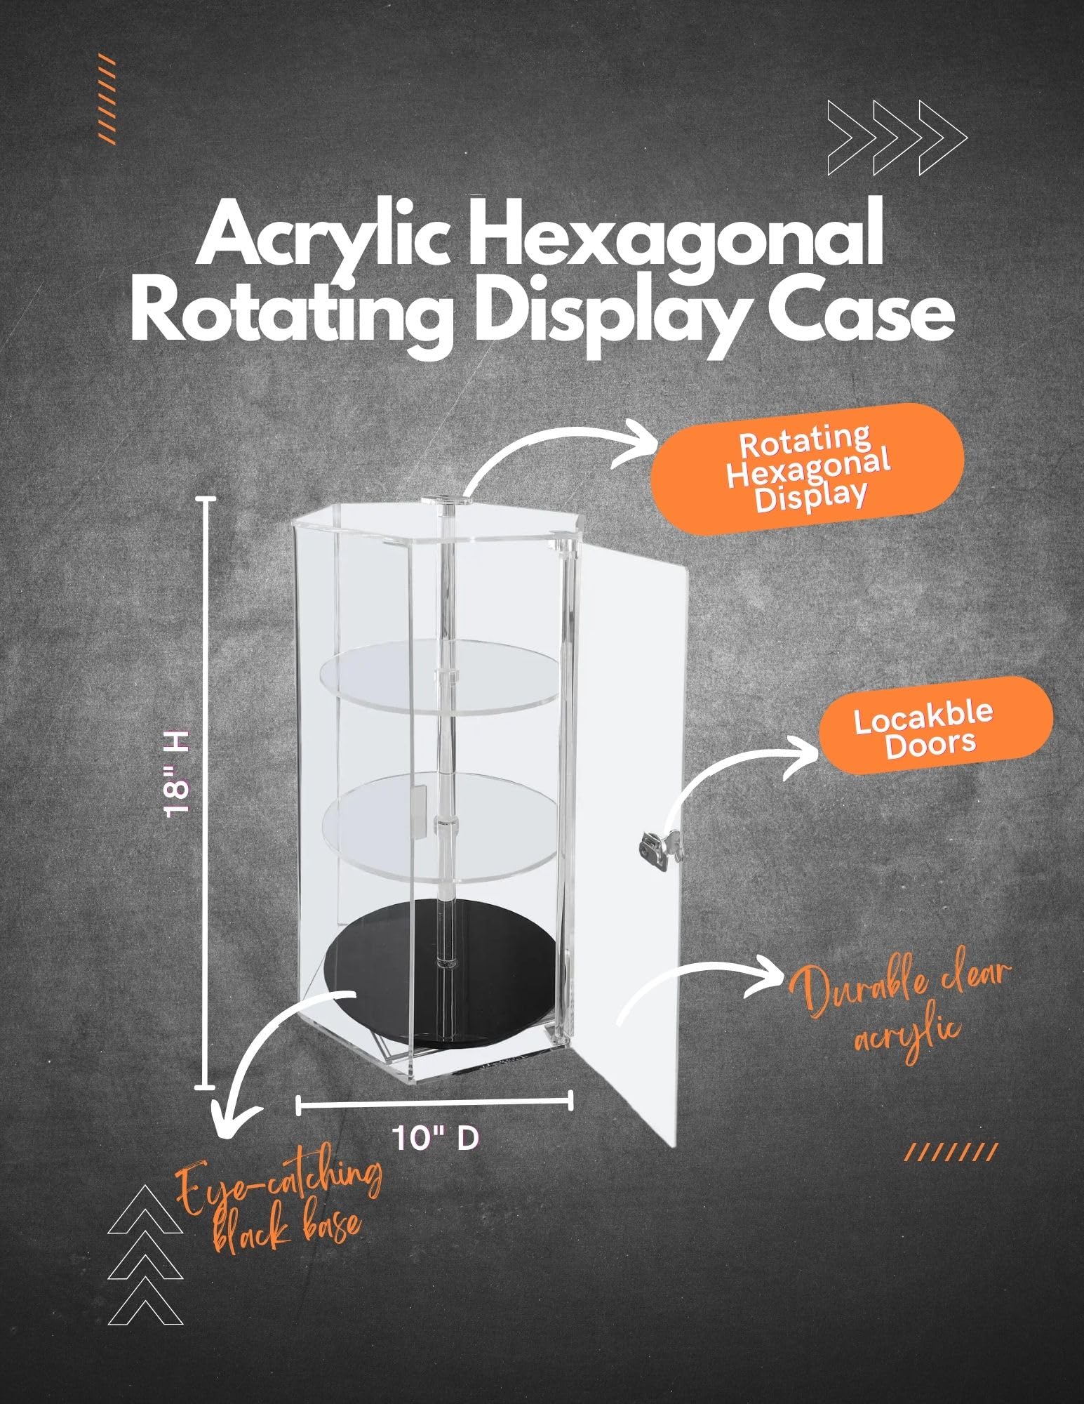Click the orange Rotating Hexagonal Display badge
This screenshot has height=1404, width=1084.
pos(807,468)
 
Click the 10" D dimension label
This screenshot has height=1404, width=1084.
pos(436,1137)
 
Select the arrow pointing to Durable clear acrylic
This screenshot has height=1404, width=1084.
pos(702,983)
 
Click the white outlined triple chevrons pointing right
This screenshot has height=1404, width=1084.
pos(897,138)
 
